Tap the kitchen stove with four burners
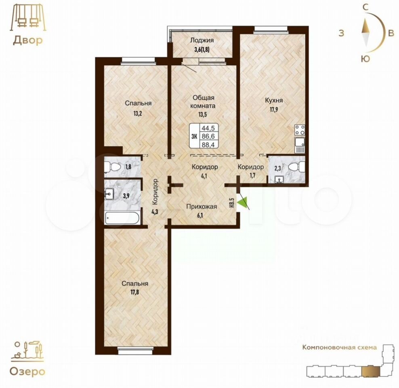(300, 130)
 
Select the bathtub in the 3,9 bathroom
(122, 218)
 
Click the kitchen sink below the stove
(300, 145)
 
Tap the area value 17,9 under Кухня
(274, 110)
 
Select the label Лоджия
(202, 40)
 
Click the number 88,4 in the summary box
(208, 144)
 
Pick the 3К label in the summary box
(194, 136)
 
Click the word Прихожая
(202, 207)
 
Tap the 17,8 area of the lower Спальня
(135, 292)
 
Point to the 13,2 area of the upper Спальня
(137, 113)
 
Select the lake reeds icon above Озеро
(27, 173)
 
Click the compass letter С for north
(365, 8)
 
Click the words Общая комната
(203, 101)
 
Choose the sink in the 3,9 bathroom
(109, 194)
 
